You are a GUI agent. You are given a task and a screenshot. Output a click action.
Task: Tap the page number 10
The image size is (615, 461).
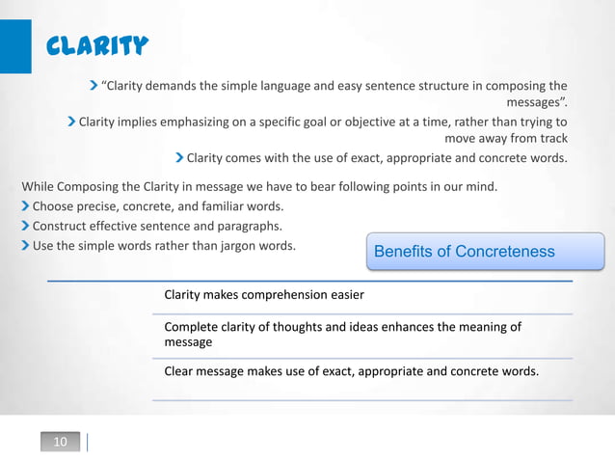[x=60, y=442]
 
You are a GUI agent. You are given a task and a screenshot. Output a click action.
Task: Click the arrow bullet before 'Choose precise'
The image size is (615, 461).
[x=25, y=206]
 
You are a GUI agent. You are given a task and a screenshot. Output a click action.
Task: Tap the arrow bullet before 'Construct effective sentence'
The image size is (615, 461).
[x=25, y=226]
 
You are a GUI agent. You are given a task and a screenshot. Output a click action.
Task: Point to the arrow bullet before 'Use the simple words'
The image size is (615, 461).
[x=25, y=245]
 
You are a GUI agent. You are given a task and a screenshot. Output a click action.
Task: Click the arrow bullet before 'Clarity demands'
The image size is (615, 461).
[x=94, y=85]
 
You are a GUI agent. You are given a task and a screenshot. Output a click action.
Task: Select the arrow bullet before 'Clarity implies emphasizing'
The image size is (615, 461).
[x=71, y=122]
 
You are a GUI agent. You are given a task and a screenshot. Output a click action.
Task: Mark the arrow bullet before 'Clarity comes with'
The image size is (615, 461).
[x=179, y=157]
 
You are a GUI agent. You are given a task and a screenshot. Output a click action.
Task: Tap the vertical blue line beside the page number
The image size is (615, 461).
[x=88, y=442]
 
